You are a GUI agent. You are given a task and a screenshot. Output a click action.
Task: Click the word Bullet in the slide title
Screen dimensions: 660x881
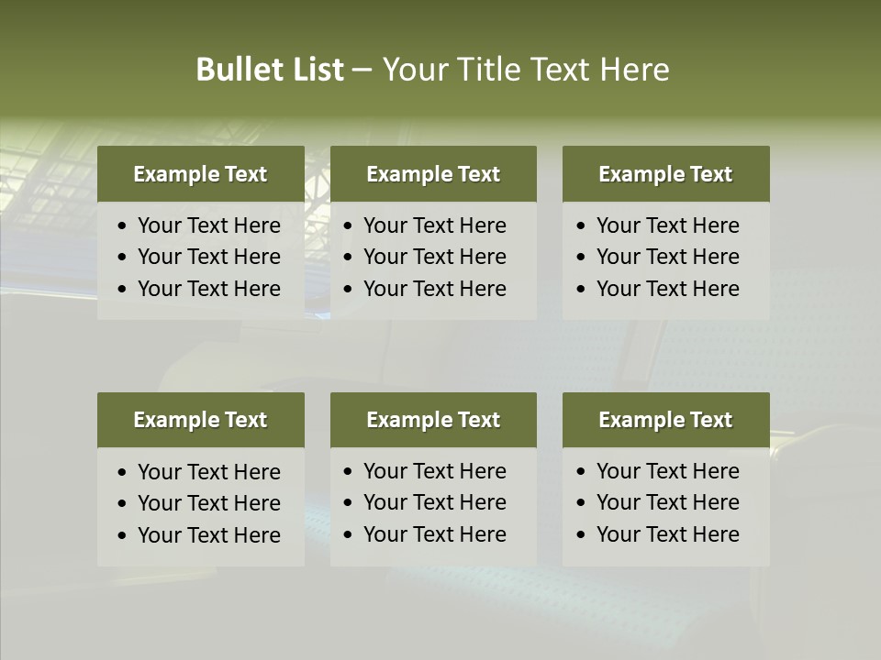(236, 70)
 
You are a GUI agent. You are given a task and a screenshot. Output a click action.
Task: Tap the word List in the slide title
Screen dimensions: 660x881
(314, 70)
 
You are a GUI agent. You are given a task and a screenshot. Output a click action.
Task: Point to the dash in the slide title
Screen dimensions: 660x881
(362, 70)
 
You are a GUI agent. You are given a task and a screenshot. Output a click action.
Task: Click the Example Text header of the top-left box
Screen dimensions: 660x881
(200, 174)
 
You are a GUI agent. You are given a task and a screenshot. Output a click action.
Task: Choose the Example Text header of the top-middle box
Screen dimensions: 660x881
(433, 174)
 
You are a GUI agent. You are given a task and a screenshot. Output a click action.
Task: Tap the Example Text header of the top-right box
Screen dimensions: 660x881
(665, 174)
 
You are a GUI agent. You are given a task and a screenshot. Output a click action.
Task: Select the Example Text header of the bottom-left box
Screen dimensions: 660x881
(200, 420)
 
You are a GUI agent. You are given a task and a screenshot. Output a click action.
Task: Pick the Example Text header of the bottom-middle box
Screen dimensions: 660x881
(433, 420)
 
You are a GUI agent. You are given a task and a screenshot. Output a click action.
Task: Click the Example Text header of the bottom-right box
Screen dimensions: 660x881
(665, 420)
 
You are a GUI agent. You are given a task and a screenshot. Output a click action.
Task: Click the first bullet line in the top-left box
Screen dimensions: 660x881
(208, 225)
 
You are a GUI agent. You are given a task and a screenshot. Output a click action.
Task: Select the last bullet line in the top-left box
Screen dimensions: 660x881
(208, 289)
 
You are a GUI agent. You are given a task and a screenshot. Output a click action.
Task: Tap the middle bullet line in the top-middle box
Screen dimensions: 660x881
(434, 257)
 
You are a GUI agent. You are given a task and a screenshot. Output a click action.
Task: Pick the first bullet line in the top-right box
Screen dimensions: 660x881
(667, 225)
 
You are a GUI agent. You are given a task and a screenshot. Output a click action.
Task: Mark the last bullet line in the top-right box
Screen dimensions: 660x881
(667, 289)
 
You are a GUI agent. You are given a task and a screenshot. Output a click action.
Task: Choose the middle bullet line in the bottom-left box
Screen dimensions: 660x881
(208, 503)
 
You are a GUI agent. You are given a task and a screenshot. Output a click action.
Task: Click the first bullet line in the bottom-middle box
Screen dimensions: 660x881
(434, 471)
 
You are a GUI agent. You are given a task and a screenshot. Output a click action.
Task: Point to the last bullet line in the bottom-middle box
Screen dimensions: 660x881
(434, 534)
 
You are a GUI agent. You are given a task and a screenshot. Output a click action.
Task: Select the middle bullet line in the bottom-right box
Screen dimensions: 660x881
(667, 502)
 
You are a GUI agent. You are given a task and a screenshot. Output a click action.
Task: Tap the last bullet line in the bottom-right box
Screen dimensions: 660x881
(667, 534)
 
